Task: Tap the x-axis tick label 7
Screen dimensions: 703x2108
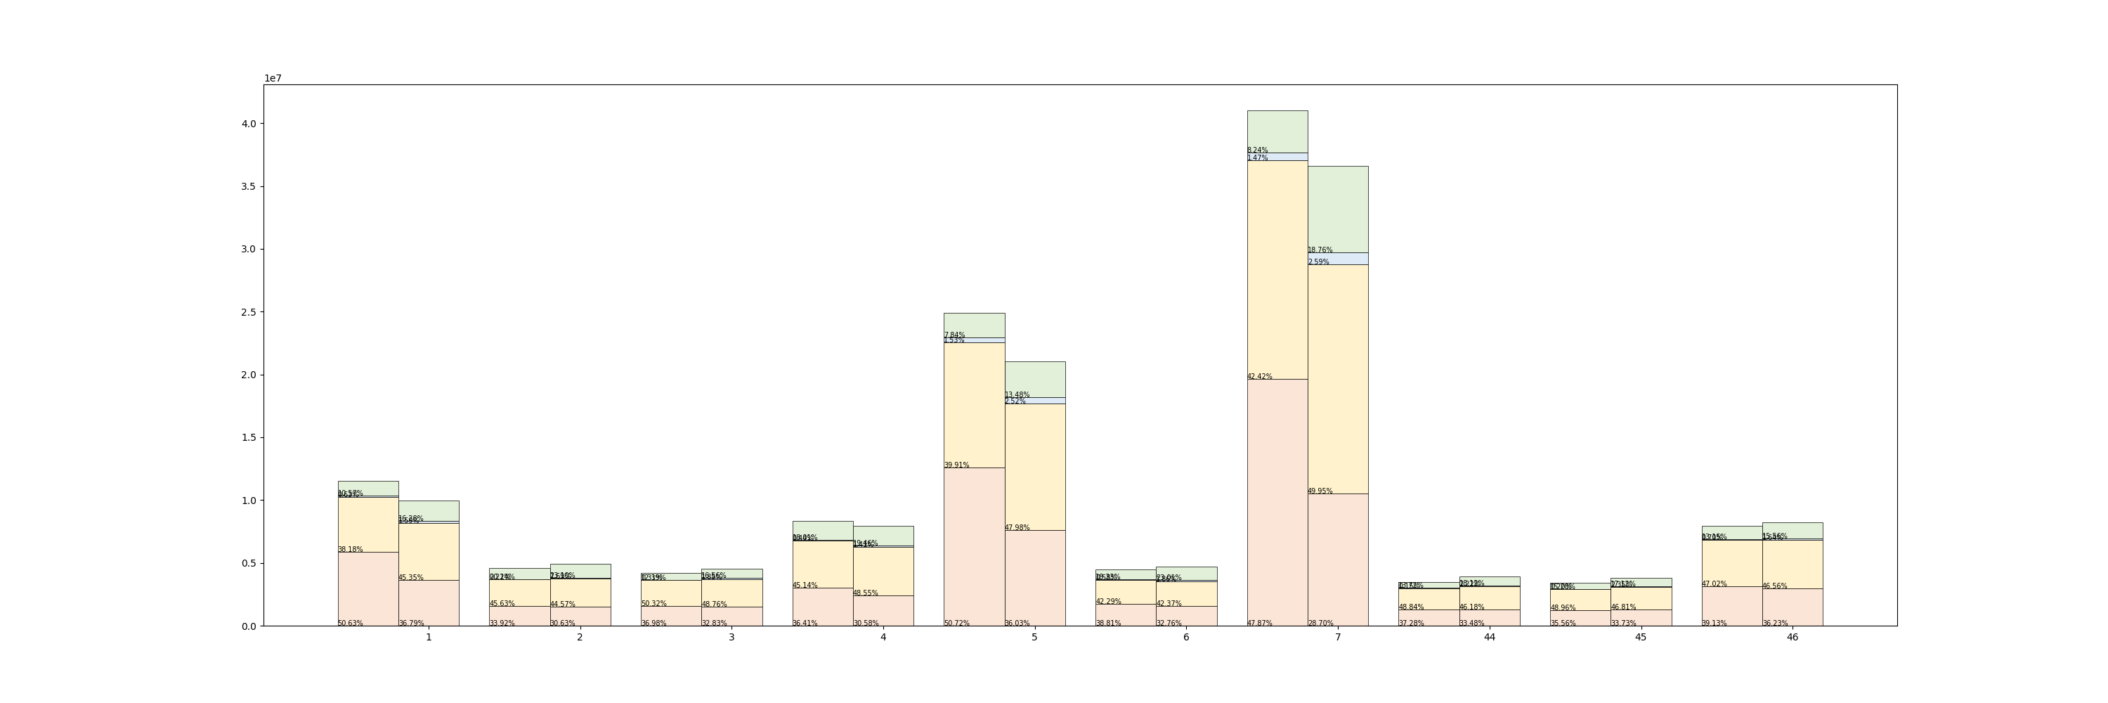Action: coord(1337,638)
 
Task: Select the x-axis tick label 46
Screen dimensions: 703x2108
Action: coord(1792,638)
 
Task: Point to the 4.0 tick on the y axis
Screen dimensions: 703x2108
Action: coord(248,124)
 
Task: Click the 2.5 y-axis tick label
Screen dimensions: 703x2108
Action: coord(248,312)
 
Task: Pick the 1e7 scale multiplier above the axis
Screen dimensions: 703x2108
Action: coord(273,79)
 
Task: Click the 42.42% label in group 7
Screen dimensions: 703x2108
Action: coord(1259,377)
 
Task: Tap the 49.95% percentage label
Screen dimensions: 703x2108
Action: coord(1320,491)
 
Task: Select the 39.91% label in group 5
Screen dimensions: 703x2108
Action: coord(956,465)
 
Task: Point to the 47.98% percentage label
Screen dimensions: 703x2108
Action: coord(1017,528)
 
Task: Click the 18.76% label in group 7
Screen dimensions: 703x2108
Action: coord(1320,250)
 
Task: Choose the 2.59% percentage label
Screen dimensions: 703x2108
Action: coord(1318,262)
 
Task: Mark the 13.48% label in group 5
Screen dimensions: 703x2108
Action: coord(1017,394)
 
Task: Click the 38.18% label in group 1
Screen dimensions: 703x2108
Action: coord(350,549)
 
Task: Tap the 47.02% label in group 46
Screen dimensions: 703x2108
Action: coord(1714,583)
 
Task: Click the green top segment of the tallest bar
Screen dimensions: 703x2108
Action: coord(1277,131)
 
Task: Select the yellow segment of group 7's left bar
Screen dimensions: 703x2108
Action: coord(1277,270)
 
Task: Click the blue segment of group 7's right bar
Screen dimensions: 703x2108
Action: coord(1337,259)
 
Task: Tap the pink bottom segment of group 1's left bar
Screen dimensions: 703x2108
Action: coord(367,589)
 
